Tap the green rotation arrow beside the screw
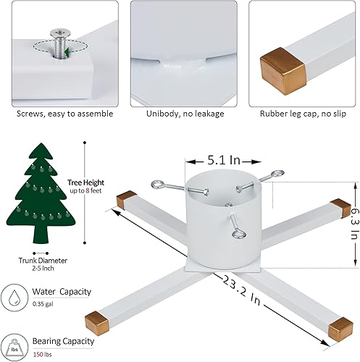coord(67,52)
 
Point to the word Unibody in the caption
coord(155,113)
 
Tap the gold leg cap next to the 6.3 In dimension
coord(338,206)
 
